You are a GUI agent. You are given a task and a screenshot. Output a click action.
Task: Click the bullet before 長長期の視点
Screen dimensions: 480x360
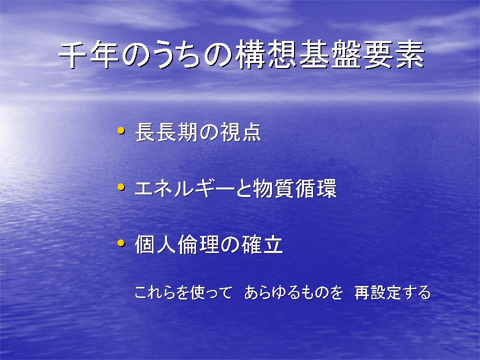click(x=121, y=130)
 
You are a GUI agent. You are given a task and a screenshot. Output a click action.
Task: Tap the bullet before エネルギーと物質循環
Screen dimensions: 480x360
click(x=121, y=186)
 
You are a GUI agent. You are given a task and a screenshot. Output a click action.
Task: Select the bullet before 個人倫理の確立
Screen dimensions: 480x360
click(x=121, y=243)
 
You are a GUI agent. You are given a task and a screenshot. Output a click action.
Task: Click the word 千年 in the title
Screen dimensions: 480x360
click(x=89, y=55)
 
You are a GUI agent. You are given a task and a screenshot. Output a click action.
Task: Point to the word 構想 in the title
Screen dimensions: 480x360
click(x=265, y=55)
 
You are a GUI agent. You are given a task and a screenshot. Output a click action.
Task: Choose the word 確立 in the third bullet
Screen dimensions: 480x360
click(x=262, y=244)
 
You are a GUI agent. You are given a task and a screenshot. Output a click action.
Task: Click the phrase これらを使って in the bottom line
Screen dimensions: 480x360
click(x=183, y=292)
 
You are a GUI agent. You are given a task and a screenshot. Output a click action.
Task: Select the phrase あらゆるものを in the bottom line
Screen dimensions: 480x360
click(x=293, y=292)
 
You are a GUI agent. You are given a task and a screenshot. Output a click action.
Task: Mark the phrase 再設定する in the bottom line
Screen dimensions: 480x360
click(x=393, y=292)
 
